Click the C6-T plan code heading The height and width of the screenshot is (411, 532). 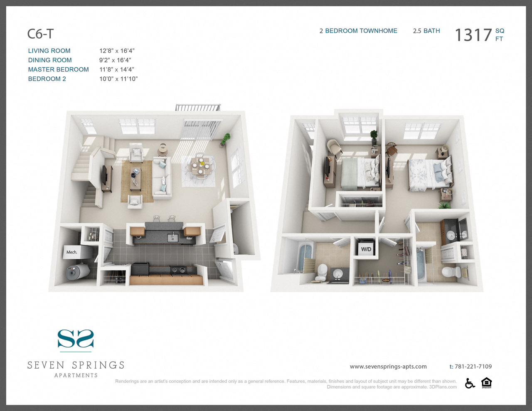[40, 34]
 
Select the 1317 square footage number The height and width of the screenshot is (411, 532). [473, 35]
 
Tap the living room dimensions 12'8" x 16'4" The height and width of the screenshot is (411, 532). [117, 51]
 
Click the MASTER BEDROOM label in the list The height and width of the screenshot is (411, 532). [58, 69]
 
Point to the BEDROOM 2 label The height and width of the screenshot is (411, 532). [47, 79]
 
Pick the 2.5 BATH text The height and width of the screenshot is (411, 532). [426, 31]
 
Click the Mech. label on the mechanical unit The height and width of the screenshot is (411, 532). [72, 252]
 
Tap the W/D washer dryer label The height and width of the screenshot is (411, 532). [366, 249]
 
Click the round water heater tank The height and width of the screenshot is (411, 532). [77, 271]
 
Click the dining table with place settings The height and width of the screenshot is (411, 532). [200, 166]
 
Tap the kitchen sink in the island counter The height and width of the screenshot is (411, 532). [172, 238]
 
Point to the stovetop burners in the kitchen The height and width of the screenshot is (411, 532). [178, 270]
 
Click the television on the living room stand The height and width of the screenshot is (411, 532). [105, 175]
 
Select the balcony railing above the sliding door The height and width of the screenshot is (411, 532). [198, 108]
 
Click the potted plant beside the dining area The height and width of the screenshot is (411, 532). [226, 140]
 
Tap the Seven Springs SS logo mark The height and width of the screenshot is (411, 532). [76, 339]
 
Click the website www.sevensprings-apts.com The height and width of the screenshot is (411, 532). [388, 367]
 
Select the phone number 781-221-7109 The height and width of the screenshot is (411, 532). [473, 367]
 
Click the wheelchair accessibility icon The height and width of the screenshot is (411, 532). [470, 383]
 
